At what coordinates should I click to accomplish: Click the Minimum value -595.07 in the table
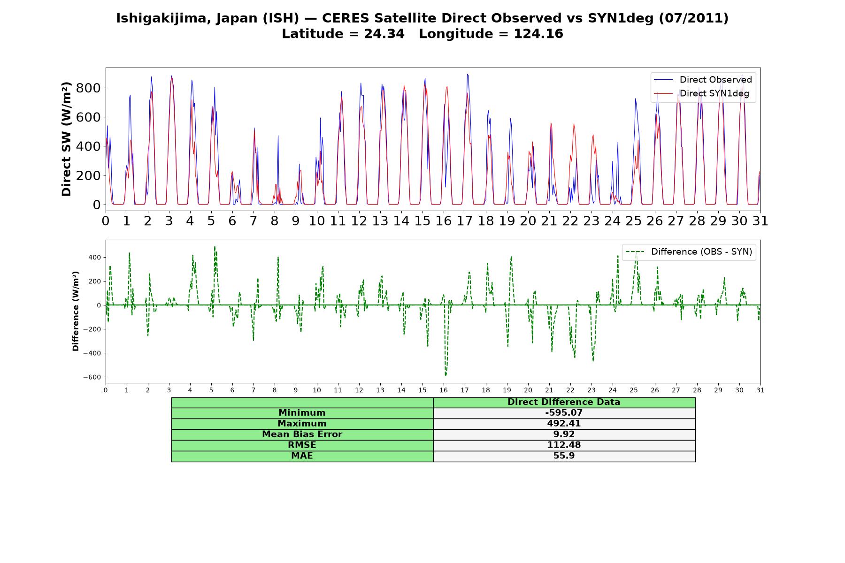(x=564, y=413)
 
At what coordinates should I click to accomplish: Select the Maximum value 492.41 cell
(x=564, y=424)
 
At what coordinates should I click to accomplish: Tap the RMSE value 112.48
(x=564, y=445)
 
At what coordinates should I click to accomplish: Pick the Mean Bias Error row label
(x=302, y=434)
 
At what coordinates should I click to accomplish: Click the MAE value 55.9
(x=564, y=456)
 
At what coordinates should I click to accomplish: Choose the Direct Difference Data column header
(x=564, y=402)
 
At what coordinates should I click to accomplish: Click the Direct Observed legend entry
(x=703, y=80)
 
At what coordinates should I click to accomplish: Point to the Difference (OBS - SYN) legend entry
(x=689, y=252)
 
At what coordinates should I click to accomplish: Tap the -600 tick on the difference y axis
(x=92, y=377)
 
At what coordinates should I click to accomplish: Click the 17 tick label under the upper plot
(x=465, y=221)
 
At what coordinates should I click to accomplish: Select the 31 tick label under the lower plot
(x=760, y=390)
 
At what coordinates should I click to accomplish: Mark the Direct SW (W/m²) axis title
(x=66, y=139)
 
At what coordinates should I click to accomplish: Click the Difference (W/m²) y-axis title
(x=76, y=311)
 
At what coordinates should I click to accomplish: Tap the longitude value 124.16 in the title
(x=538, y=34)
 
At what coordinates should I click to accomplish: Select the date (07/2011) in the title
(x=694, y=18)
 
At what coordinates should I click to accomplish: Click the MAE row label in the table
(x=302, y=456)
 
